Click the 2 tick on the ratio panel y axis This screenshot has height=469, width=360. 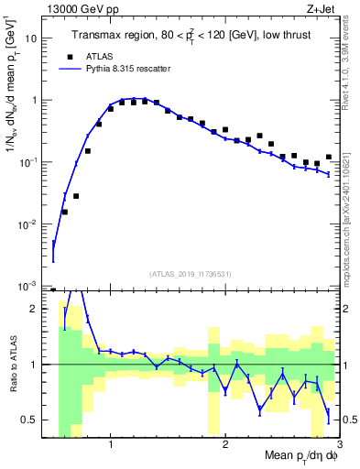click(x=38, y=309)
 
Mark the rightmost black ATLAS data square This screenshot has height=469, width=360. click(x=328, y=158)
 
